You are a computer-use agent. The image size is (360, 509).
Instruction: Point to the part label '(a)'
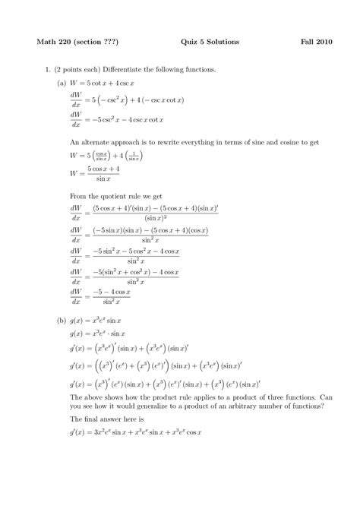[x=62, y=84]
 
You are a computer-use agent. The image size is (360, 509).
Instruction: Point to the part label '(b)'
[x=62, y=321]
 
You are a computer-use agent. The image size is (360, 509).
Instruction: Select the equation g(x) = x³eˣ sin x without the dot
[x=96, y=321]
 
